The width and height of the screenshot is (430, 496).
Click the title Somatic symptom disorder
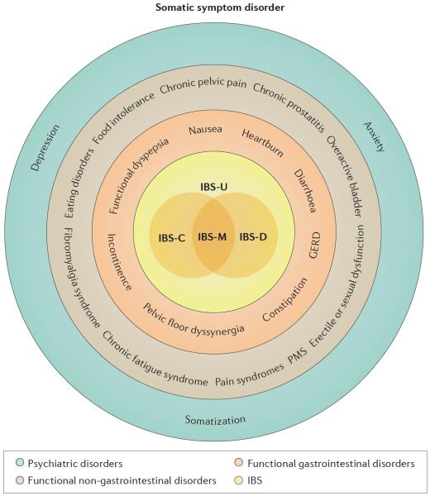pyautogui.click(x=220, y=7)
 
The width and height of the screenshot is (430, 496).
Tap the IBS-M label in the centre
pyautogui.click(x=213, y=236)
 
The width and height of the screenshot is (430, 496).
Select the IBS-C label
pyautogui.click(x=171, y=237)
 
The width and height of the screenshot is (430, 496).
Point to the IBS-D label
pyautogui.click(x=253, y=236)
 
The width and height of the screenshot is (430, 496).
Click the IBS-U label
pyautogui.click(x=214, y=187)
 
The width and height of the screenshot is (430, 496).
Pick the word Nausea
pyautogui.click(x=205, y=130)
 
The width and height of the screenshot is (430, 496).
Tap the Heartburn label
pyautogui.click(x=262, y=143)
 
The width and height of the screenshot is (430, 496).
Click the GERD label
pyautogui.click(x=314, y=246)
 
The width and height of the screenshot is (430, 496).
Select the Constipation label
pyautogui.click(x=284, y=299)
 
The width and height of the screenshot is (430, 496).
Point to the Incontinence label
pyautogui.click(x=119, y=262)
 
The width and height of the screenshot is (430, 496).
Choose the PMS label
pyautogui.click(x=297, y=357)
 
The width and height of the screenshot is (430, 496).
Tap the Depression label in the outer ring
pyautogui.click(x=45, y=148)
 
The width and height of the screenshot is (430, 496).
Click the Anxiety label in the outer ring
pyautogui.click(x=375, y=136)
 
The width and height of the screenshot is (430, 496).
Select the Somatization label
pyautogui.click(x=215, y=420)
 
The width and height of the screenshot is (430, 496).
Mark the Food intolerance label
pyautogui.click(x=124, y=118)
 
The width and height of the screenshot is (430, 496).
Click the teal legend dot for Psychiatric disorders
pyautogui.click(x=20, y=463)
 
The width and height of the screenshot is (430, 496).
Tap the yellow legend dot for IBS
pyautogui.click(x=239, y=479)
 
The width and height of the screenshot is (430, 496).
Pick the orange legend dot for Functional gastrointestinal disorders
pyautogui.click(x=239, y=463)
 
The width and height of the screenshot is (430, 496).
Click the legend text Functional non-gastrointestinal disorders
pyautogui.click(x=122, y=480)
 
